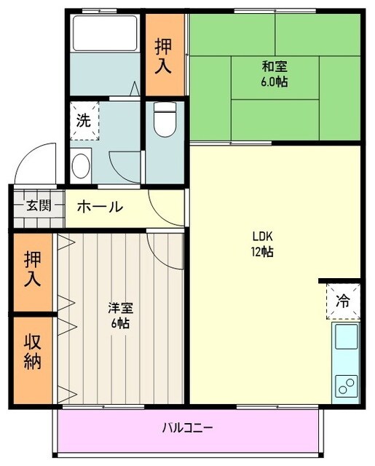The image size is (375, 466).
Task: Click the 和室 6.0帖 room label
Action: point(275,74)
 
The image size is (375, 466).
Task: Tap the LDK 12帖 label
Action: point(263,245)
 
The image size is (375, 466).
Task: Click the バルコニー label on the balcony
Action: point(187,427)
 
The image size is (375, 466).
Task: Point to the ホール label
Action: point(99,207)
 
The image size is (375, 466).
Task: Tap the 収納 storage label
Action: point(32,352)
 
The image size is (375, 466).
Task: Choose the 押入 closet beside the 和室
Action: point(164,56)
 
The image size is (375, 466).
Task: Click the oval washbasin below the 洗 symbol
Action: point(82,165)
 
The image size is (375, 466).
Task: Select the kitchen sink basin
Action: point(345,339)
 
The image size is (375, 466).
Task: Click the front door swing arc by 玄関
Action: point(36,162)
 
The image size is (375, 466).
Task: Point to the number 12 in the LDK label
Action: point(258,253)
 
